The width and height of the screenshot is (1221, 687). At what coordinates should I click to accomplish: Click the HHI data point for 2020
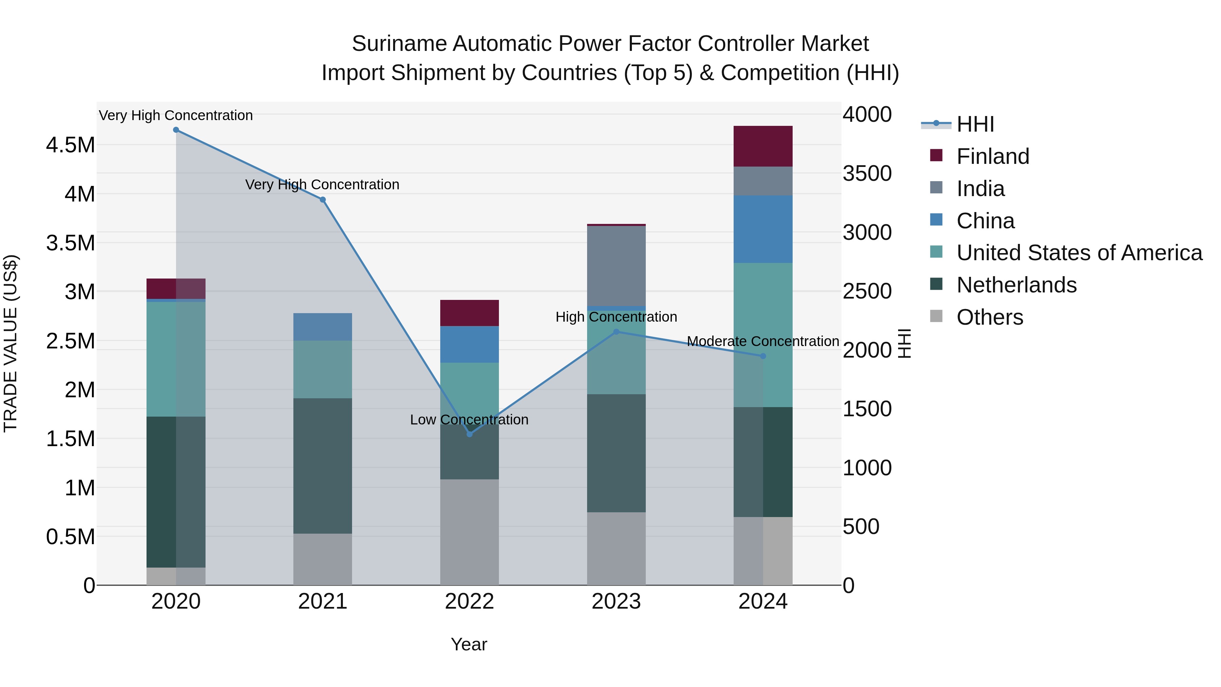point(176,130)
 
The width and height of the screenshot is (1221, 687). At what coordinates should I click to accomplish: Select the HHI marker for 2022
point(469,434)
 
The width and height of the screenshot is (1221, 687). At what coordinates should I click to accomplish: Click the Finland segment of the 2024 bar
point(763,146)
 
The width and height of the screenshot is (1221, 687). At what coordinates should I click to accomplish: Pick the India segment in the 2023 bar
point(616,266)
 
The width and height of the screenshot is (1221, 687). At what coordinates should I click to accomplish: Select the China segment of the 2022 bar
point(469,344)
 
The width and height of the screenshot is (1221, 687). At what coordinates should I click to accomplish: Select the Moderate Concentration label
point(763,341)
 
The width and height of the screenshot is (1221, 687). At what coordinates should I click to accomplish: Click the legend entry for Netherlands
point(1016,285)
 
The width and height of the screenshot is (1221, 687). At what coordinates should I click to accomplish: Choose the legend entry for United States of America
point(1079,253)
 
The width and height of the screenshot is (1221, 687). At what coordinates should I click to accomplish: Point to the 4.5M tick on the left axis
point(71,145)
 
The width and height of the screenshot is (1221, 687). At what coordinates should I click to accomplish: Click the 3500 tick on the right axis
point(867,173)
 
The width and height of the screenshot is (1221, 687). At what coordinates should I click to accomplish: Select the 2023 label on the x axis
point(616,602)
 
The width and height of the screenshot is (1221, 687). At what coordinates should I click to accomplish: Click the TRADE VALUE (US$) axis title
point(11,343)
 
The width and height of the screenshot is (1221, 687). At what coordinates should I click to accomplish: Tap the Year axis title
point(469,644)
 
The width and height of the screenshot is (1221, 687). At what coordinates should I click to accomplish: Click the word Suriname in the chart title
point(399,44)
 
